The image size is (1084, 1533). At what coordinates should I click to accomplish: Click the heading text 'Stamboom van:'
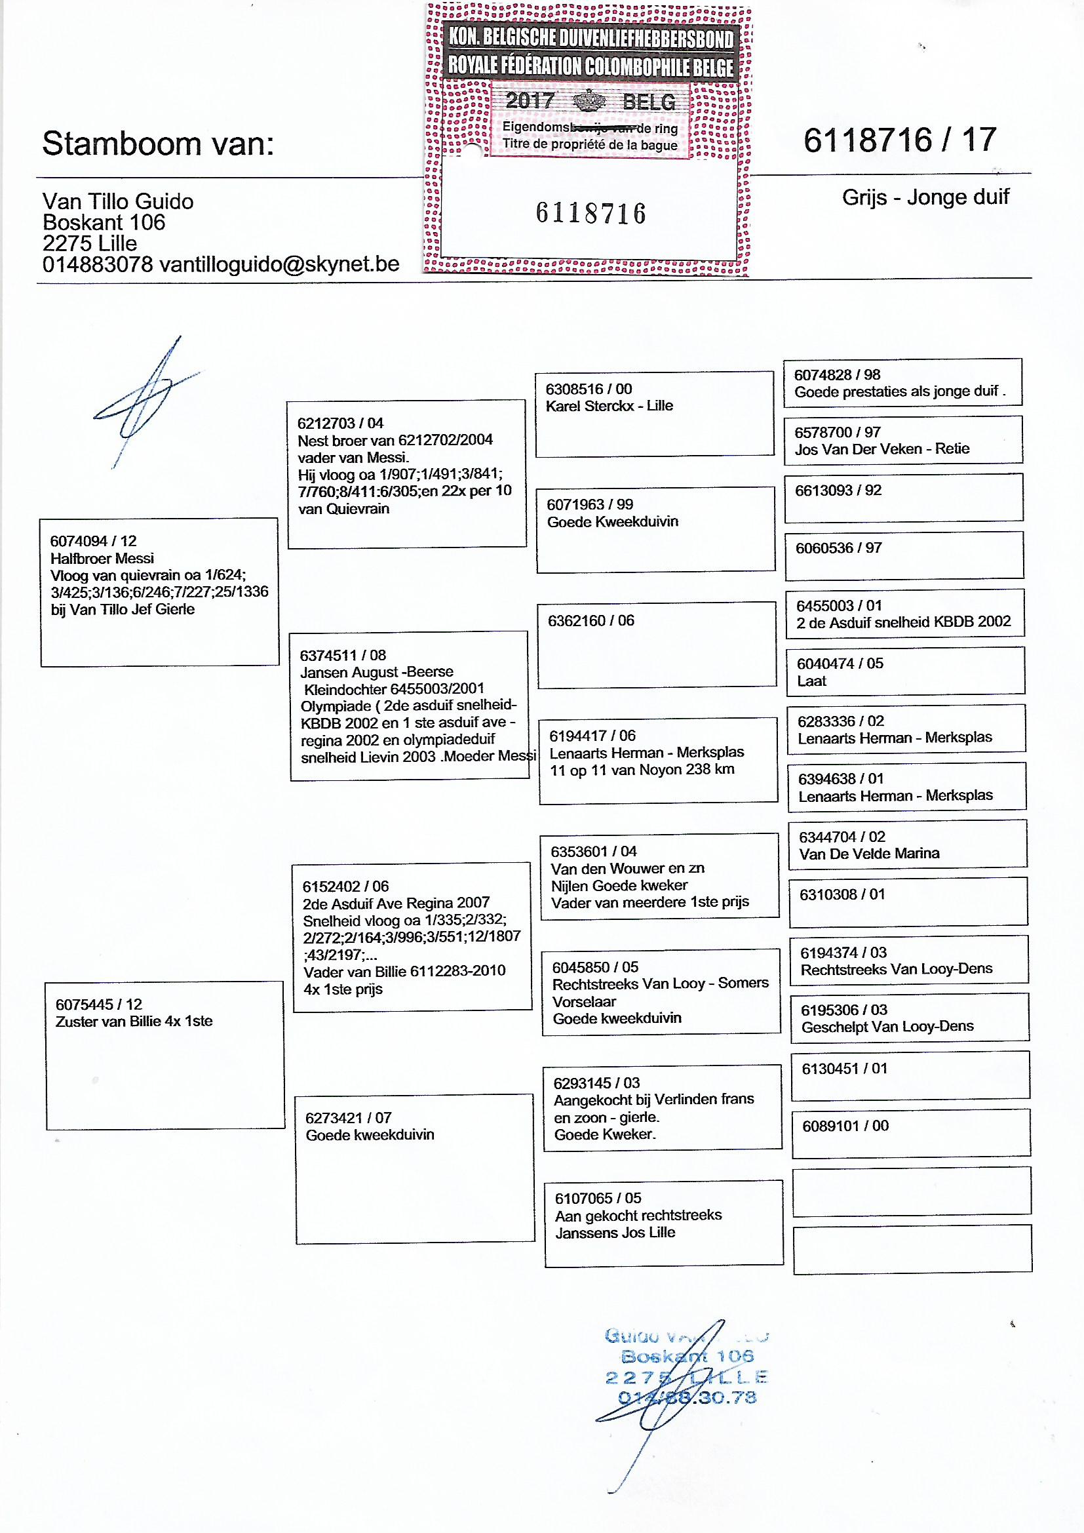tap(158, 144)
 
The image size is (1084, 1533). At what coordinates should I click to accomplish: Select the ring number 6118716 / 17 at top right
tap(899, 141)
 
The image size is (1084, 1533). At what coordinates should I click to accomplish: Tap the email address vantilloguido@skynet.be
tap(279, 264)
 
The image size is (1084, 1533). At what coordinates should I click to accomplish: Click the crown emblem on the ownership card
tap(589, 102)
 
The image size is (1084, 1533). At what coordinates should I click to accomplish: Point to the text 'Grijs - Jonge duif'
tap(925, 197)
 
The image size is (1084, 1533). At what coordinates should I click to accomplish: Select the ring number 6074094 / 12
tap(94, 541)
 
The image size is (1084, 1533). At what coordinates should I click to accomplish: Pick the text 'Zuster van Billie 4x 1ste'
tap(134, 1021)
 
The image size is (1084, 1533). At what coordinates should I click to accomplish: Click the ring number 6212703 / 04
tap(340, 423)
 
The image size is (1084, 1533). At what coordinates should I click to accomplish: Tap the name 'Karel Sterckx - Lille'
tap(610, 405)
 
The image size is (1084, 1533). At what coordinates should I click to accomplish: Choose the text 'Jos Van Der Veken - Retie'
tap(881, 448)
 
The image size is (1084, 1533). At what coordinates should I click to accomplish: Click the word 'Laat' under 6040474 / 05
tap(811, 681)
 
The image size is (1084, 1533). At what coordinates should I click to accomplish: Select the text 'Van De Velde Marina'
tap(869, 853)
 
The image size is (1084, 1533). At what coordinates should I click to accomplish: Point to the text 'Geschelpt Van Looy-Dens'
tap(887, 1026)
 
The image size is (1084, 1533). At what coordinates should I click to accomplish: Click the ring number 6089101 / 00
tap(845, 1126)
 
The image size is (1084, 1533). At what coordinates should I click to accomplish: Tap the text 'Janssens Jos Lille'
tap(615, 1233)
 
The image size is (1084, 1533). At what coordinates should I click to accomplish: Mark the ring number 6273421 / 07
tap(349, 1118)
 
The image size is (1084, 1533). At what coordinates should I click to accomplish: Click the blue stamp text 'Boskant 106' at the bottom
tap(687, 1356)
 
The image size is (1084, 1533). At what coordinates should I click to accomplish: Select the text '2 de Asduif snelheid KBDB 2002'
tap(903, 622)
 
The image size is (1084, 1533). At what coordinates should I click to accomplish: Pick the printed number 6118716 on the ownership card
tap(590, 214)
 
